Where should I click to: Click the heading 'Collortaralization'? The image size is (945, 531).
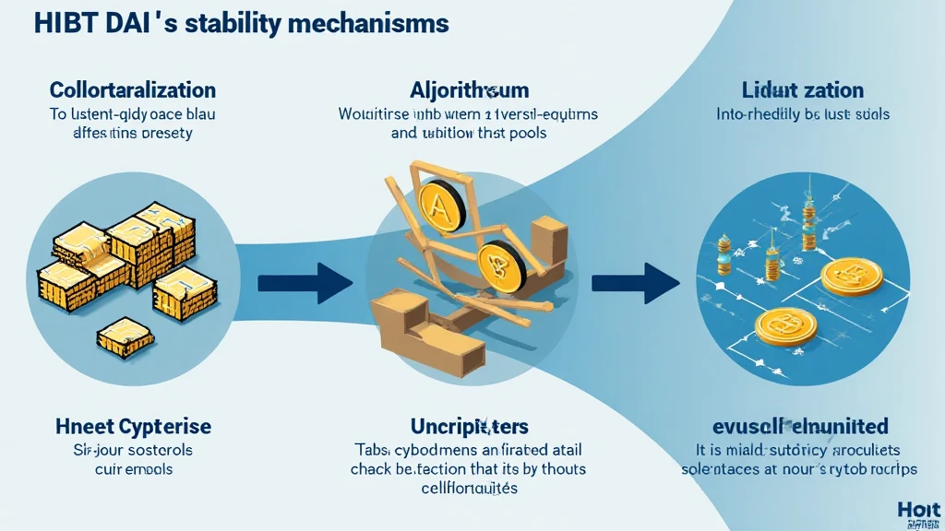[132, 90]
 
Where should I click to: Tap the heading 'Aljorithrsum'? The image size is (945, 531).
[469, 90]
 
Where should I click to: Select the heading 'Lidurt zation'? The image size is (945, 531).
[802, 90]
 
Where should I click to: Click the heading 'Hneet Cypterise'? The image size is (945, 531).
[133, 427]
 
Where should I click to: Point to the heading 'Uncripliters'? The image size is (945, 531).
[469, 427]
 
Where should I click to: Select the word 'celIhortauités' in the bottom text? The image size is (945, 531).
[468, 488]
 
